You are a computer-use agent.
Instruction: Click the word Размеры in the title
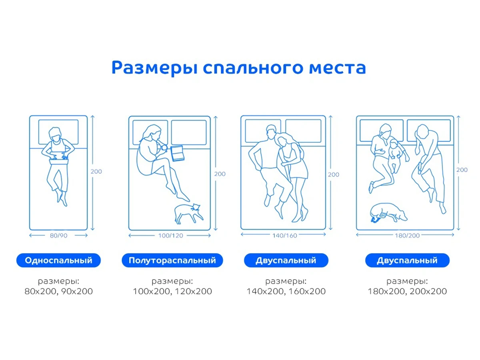click(x=154, y=68)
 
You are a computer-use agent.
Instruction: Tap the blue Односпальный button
click(x=58, y=260)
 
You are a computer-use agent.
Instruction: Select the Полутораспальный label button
click(x=172, y=260)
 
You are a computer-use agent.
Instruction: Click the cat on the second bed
click(x=188, y=213)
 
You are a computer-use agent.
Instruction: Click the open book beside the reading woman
click(x=177, y=154)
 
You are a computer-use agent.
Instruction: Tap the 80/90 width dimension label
click(x=58, y=236)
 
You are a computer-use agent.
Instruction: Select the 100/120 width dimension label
click(x=170, y=236)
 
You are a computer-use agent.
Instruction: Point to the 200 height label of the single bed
click(x=96, y=172)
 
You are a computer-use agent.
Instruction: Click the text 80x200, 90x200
click(x=58, y=291)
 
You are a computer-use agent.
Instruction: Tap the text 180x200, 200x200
click(x=407, y=291)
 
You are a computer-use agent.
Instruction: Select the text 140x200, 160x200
click(x=286, y=291)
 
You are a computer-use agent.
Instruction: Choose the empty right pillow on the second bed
click(x=189, y=132)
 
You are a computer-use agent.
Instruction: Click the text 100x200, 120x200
click(x=172, y=291)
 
